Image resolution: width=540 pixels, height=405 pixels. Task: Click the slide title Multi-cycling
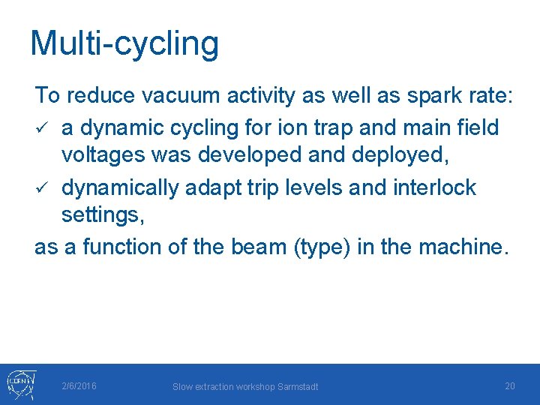[124, 43]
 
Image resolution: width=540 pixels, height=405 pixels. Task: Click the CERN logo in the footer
[19, 385]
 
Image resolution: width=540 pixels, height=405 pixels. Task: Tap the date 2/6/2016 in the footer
[79, 385]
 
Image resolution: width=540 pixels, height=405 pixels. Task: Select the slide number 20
[509, 385]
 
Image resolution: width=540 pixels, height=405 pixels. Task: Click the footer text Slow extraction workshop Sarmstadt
[245, 386]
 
